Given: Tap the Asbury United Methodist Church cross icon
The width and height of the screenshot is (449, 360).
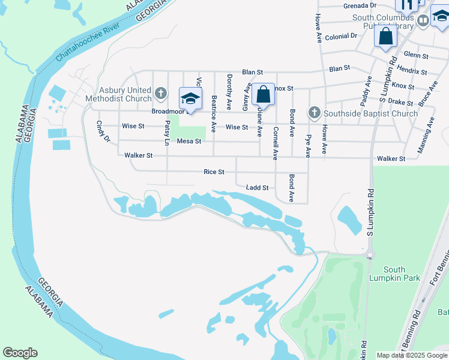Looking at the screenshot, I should coord(160,93).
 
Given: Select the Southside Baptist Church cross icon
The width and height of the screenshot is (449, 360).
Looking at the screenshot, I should coord(314,113).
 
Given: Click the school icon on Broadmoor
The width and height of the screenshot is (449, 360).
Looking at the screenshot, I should coord(190,98).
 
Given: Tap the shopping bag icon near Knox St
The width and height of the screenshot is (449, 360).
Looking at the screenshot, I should coord(263,94).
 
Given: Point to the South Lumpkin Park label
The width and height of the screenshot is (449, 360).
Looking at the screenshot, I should coord(394,274).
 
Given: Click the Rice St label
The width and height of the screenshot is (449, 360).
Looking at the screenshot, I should coord(214,172).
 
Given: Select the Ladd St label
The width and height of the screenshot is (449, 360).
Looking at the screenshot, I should coord(257,188).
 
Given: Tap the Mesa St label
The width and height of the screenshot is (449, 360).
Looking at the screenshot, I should coord(188,142).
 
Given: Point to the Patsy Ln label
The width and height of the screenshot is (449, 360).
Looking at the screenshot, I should coord(167,133).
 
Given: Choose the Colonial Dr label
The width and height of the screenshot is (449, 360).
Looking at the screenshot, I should coord(341,37).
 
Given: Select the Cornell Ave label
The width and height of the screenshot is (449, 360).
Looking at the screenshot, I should coord(276,143).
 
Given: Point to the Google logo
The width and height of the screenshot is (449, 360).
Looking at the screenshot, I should coord(20,353).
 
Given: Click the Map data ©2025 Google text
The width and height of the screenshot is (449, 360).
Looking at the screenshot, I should coord(412,355).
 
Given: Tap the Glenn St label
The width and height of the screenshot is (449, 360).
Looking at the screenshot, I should coord(416,56).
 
